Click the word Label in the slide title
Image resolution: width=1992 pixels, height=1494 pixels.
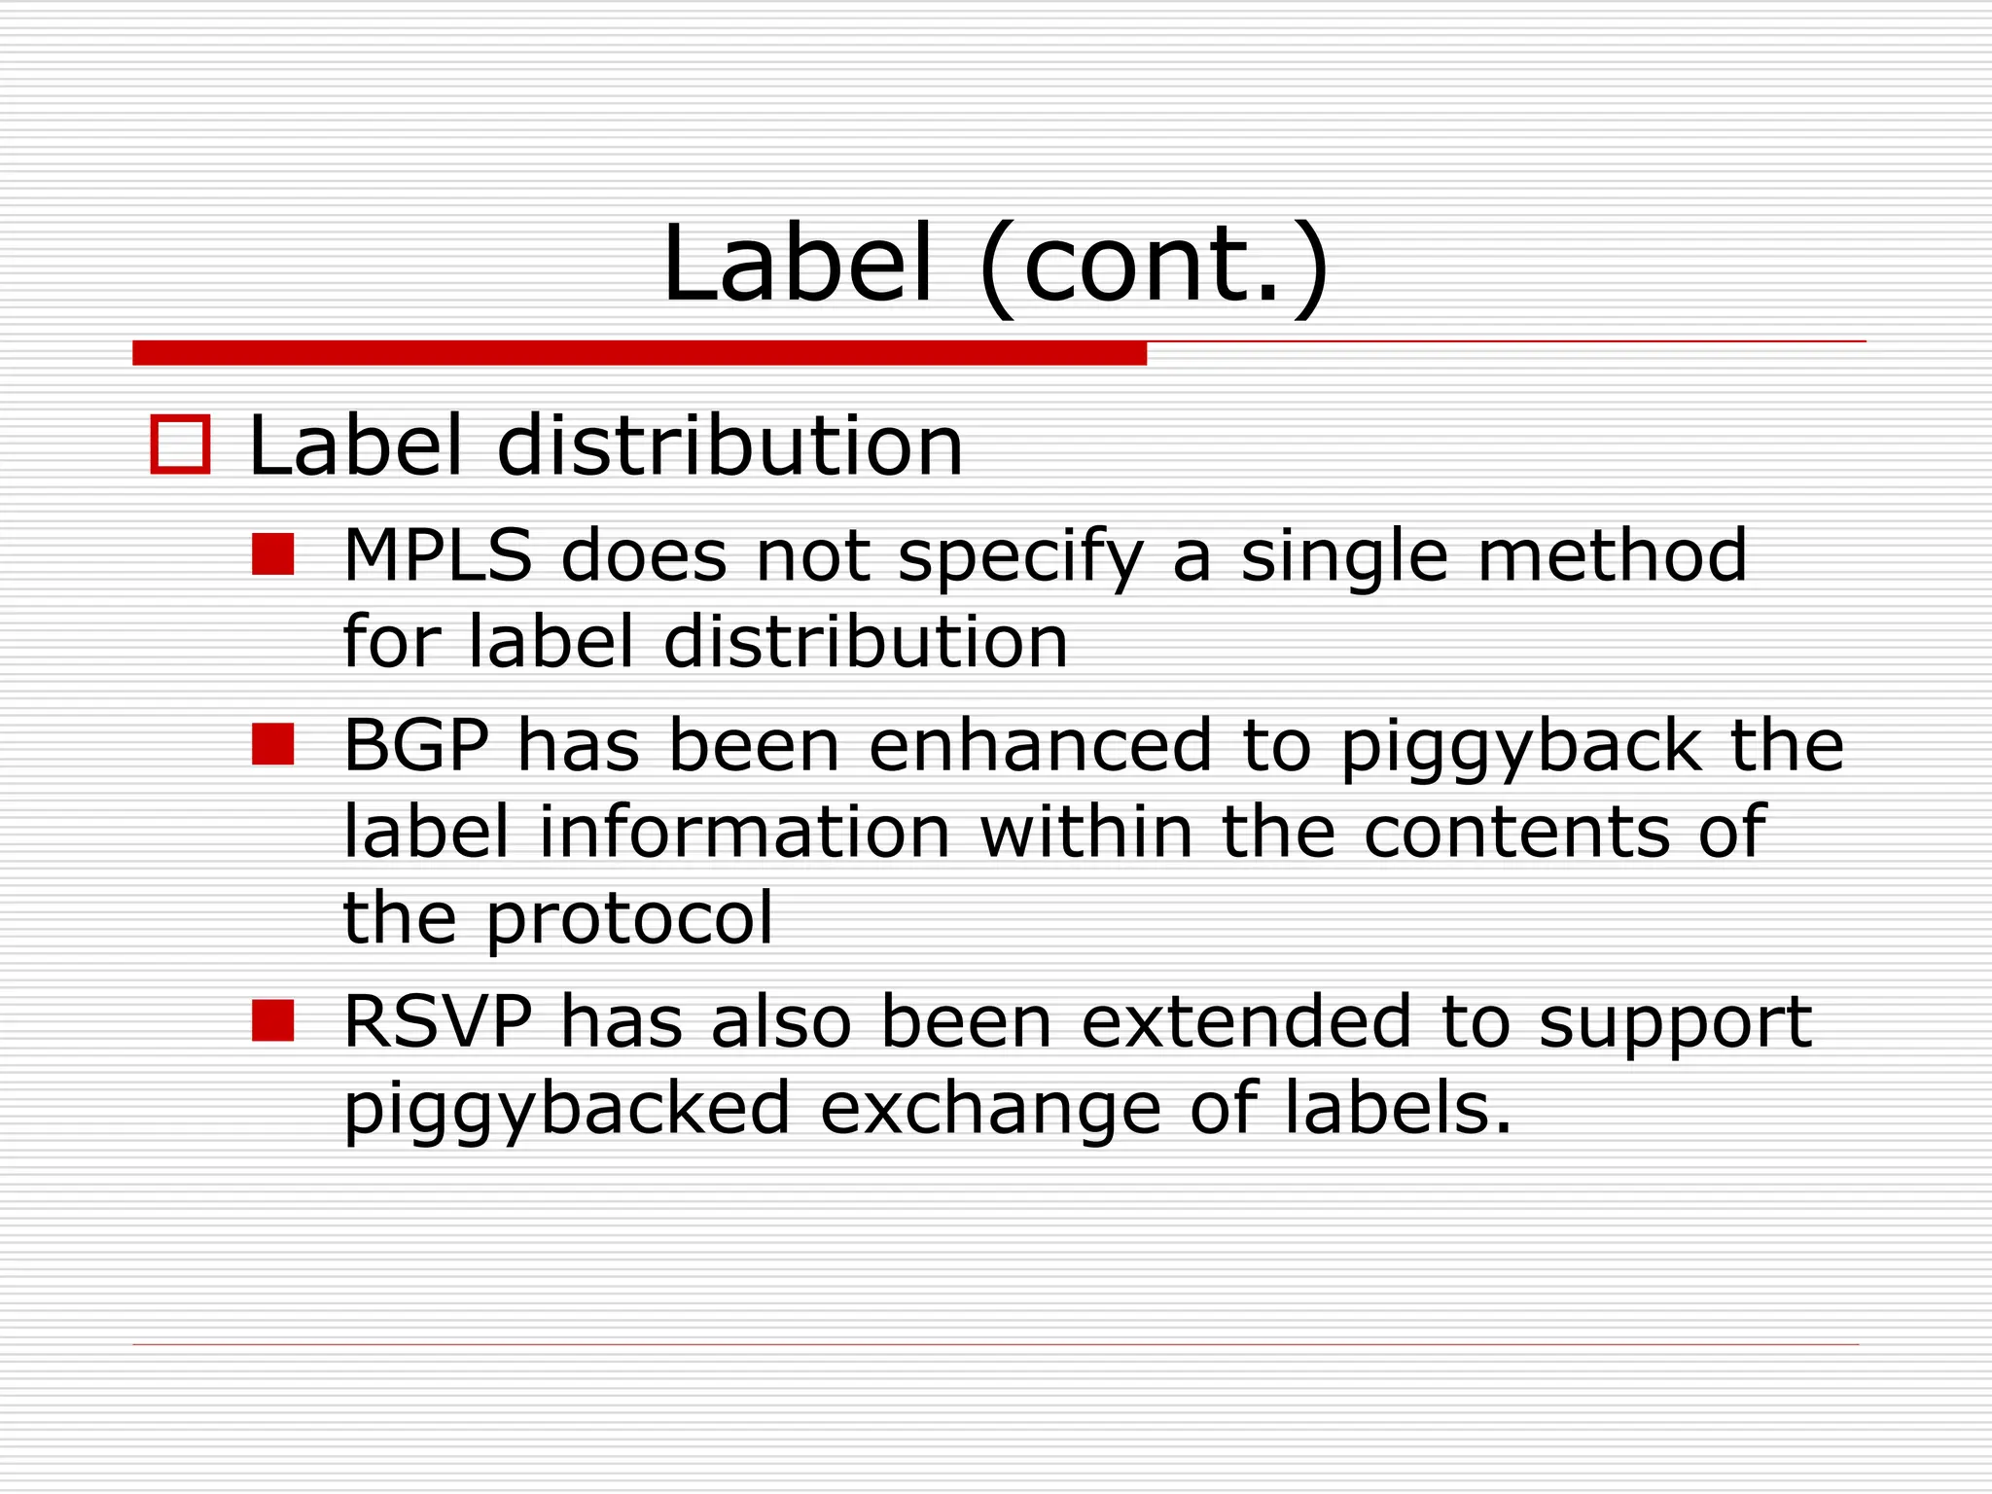coord(798,264)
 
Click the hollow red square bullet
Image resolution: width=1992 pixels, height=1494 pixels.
coord(181,445)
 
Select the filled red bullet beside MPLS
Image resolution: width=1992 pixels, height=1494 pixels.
coord(272,554)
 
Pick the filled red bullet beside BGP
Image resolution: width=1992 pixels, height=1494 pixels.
coord(272,744)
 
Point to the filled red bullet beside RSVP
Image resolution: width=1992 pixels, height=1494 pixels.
coord(272,1021)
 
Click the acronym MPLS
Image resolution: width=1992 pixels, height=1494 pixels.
coord(438,555)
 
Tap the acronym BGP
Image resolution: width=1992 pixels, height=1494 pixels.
coord(416,745)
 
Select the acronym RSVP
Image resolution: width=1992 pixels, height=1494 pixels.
coord(438,1022)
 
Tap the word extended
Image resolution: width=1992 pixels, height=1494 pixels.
coord(1246,1022)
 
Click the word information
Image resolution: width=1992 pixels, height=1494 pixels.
coord(744,832)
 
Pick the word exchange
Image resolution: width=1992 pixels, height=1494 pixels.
coord(990,1110)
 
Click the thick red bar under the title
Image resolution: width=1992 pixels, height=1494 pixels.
coord(639,353)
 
